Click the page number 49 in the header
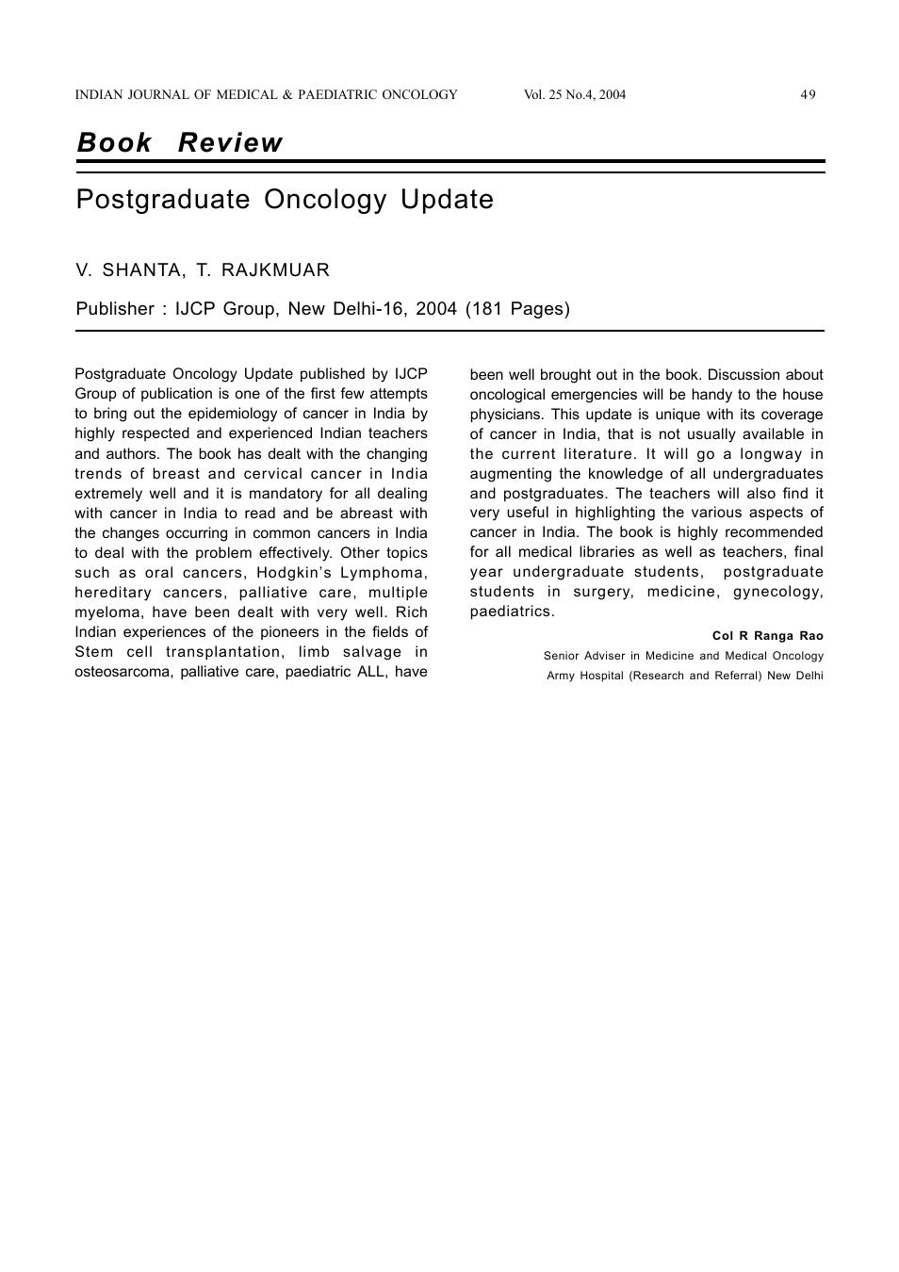click(808, 94)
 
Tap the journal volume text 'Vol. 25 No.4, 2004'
click(574, 94)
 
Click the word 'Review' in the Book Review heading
click(230, 143)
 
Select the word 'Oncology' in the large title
click(325, 200)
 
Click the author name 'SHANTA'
click(142, 270)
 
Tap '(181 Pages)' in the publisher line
click(517, 309)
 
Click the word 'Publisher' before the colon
click(114, 309)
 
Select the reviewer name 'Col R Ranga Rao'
click(767, 636)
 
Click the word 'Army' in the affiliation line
click(561, 676)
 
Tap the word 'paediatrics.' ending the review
click(513, 612)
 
